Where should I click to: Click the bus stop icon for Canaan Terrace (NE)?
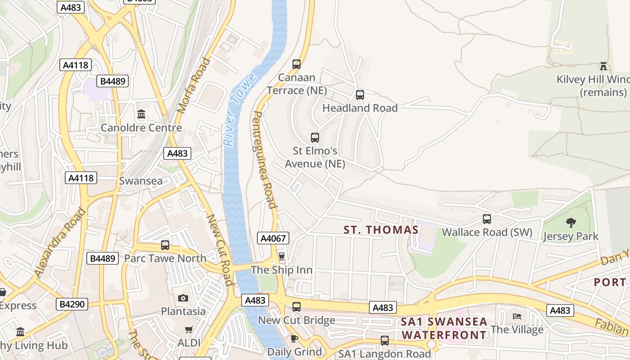coord(297,64)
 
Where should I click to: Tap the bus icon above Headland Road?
coord(360,95)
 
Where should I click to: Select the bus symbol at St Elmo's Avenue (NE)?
coord(315,138)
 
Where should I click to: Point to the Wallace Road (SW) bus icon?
coord(487,219)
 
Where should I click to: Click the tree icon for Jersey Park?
coord(571,222)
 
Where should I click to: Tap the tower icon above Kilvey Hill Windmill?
coord(603,66)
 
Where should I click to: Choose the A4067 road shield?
coord(273,238)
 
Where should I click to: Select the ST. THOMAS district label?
coord(381,230)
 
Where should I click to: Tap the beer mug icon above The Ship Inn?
coord(282,256)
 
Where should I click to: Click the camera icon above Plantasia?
coord(183,298)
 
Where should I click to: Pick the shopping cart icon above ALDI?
coord(189,330)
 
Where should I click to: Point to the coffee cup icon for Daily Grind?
coord(294,338)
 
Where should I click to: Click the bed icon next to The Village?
coord(517,316)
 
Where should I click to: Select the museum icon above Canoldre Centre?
coord(141,114)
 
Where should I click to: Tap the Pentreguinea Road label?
coord(265,160)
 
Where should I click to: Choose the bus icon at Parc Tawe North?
coord(165,245)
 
